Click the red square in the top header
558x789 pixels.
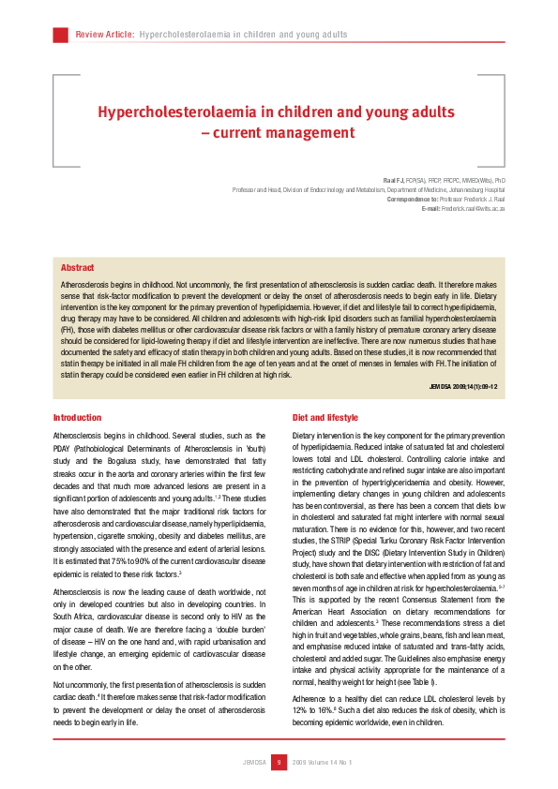[x=60, y=35]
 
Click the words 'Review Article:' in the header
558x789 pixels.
[x=104, y=35]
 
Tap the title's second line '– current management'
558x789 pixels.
[x=279, y=133]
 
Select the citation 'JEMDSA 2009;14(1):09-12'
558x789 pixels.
[x=462, y=385]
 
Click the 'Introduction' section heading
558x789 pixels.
[x=77, y=417]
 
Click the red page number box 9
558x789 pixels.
[x=279, y=762]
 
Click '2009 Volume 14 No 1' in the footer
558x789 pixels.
[x=322, y=762]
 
